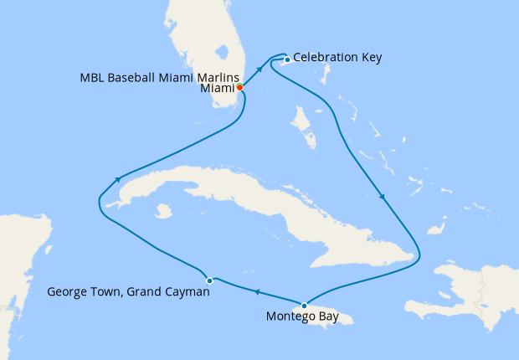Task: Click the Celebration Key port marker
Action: coord(287,59)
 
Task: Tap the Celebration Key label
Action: coord(337,58)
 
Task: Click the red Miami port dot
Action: coord(239,87)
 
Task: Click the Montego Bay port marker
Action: coord(304,305)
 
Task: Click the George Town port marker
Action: coord(209,280)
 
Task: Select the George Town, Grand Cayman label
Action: coord(128,292)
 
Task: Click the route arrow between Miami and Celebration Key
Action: coord(259,69)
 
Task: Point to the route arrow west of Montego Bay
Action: coord(256,291)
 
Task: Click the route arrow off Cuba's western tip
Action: coord(120,178)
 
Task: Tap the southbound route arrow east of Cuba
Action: coord(383,198)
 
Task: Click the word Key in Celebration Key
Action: coord(370,58)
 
